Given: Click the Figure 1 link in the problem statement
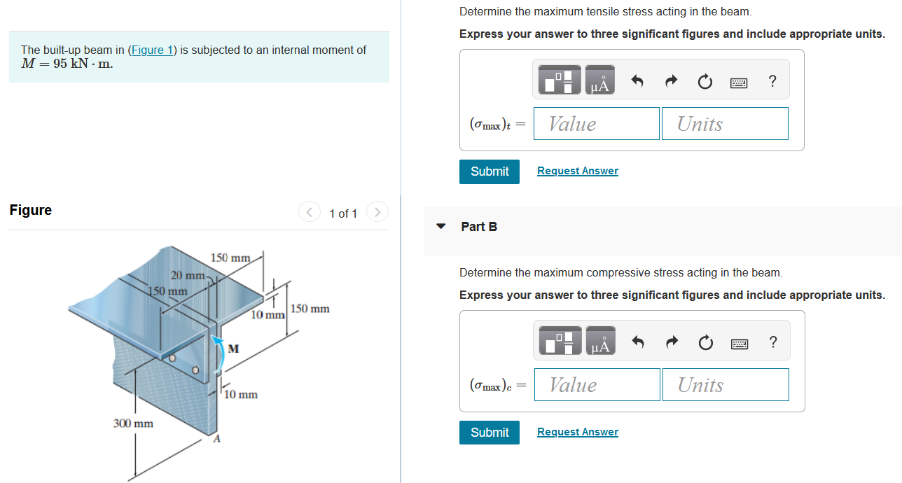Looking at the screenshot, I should (151, 50).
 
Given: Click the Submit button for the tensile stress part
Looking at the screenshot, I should (490, 171).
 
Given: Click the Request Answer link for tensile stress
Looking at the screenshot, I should (577, 171).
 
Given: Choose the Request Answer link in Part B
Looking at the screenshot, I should (577, 433).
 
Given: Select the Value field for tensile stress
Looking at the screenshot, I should (596, 124).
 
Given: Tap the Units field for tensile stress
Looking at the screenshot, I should (724, 124).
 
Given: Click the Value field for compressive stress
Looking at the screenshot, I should (597, 385).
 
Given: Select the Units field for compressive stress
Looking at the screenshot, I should (725, 385).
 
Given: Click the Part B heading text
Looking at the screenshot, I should (479, 227).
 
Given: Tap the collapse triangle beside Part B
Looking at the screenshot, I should (440, 227).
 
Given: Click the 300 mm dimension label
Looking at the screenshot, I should (133, 423).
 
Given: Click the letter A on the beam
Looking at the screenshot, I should (216, 439).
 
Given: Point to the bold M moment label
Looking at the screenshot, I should (233, 348).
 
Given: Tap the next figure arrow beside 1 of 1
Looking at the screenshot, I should (377, 212).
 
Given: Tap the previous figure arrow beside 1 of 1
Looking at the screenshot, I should (308, 212).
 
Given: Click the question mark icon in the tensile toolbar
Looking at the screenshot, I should (772, 81).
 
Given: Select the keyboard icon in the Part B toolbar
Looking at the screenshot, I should (739, 342).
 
